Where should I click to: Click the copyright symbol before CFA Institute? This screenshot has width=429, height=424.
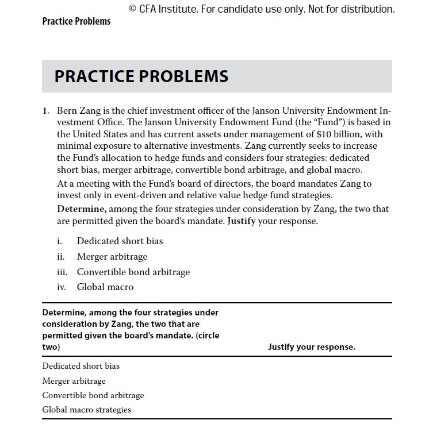coord(133,9)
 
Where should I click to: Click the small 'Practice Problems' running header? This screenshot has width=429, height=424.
coord(76,21)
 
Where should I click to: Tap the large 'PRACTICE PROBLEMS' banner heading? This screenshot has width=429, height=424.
coord(141,76)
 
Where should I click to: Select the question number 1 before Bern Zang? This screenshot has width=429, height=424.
coord(45,110)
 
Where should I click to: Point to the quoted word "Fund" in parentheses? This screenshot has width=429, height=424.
coord(316,122)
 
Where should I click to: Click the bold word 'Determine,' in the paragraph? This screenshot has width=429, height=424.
coord(81,209)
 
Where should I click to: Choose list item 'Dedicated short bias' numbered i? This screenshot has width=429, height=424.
coord(120,241)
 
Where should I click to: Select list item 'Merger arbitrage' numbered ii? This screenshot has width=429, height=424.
coord(112,256)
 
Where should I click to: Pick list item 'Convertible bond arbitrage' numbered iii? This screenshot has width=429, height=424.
coord(133,272)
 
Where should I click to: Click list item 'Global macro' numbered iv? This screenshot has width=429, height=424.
coord(105,287)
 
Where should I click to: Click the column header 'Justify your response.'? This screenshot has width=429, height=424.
coord(311,347)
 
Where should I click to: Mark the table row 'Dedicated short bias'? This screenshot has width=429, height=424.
coord(81,366)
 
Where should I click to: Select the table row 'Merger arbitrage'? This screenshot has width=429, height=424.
coord(74,380)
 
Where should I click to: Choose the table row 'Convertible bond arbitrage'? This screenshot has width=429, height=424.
coord(93,395)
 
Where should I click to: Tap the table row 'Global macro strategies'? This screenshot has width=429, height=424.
coord(87,410)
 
